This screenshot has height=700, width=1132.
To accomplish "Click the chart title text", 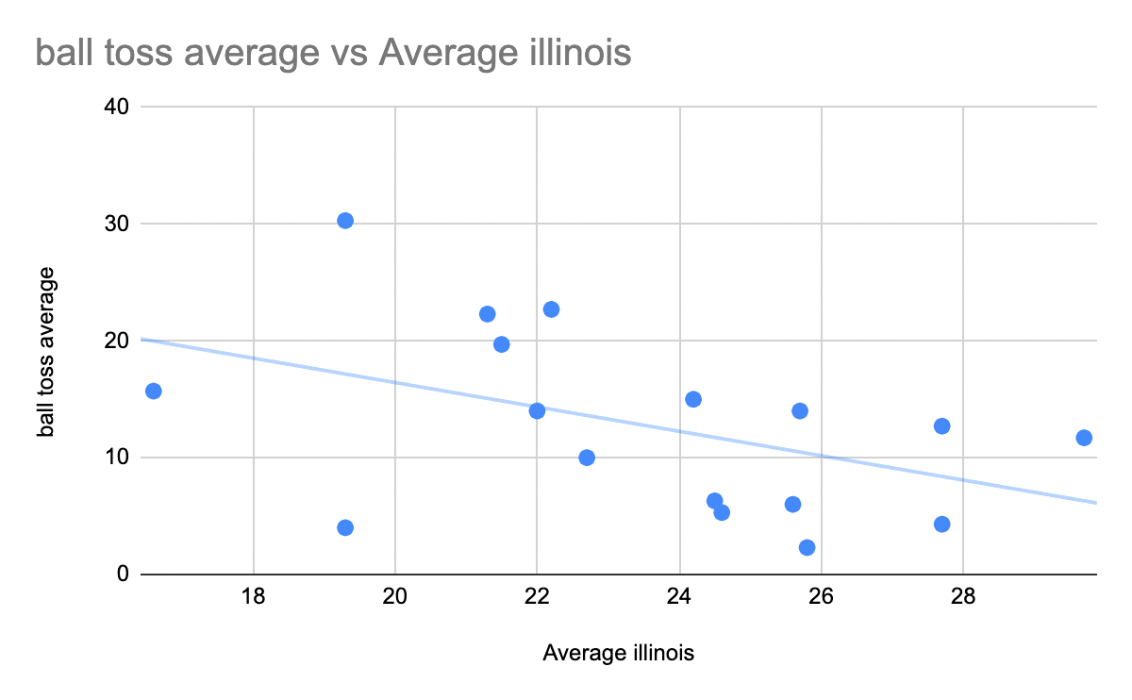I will click(333, 53).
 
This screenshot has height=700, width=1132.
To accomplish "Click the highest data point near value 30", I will click(345, 221).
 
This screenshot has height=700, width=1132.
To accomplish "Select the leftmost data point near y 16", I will click(153, 391).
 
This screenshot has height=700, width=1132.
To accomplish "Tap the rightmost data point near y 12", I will click(1084, 438).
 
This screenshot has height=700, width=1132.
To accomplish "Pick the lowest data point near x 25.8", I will click(807, 547).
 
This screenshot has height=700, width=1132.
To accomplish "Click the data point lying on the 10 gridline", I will click(587, 458).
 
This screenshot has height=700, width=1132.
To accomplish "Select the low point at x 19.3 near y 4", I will click(345, 527).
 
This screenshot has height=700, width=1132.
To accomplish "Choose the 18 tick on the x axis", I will click(253, 597).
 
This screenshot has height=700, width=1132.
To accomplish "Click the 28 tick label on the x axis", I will click(963, 597).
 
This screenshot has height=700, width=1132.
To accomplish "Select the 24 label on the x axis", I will click(679, 597).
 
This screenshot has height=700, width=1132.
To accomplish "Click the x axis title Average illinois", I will click(619, 653).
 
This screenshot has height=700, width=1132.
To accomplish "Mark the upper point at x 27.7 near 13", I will click(941, 426).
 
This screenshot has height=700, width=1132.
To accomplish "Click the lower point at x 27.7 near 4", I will click(941, 524).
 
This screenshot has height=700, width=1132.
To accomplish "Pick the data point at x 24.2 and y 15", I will click(693, 399).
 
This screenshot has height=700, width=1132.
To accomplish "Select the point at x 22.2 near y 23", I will click(551, 309).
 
